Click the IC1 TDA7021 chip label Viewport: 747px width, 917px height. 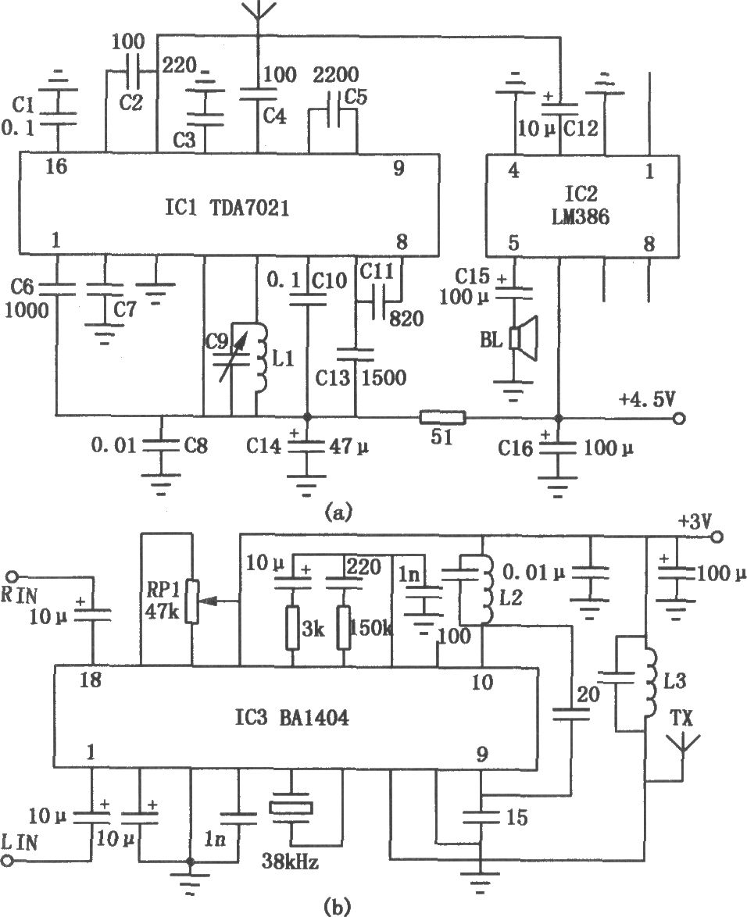(x=227, y=208)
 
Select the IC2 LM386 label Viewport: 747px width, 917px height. (x=580, y=205)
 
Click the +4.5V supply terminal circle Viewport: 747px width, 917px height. (x=679, y=419)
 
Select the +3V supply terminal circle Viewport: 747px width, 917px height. (x=717, y=537)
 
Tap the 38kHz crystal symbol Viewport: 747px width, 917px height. (x=291, y=808)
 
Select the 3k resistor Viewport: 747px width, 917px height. (x=292, y=628)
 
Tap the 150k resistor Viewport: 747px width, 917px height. (x=343, y=628)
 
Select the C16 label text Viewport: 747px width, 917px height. (x=516, y=448)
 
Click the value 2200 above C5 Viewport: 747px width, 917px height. (x=336, y=75)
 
